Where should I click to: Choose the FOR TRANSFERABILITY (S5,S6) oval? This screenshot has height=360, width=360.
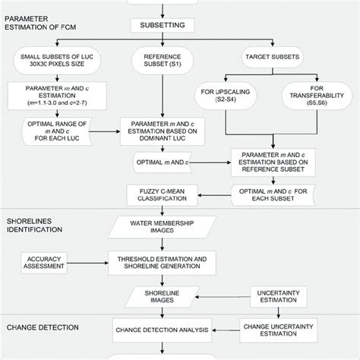(312, 100)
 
